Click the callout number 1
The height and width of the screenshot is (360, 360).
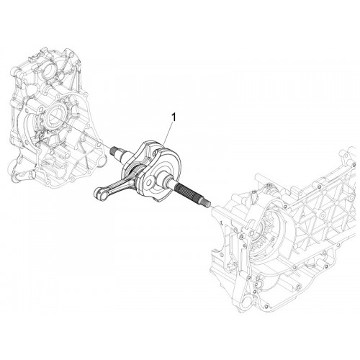coord(174,117)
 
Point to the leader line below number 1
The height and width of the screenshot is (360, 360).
coord(168,133)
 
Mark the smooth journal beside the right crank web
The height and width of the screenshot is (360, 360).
coord(169,181)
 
